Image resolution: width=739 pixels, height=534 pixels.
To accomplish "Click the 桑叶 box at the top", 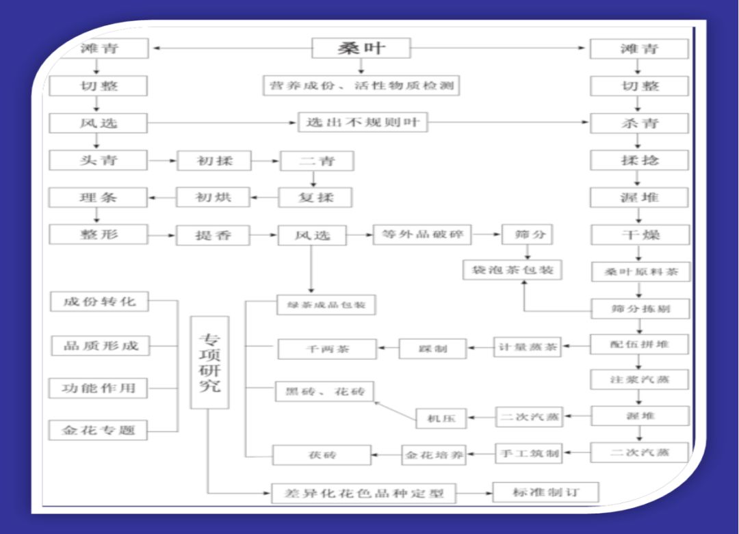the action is [x=361, y=48].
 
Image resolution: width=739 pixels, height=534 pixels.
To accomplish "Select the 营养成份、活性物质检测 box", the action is [x=361, y=85].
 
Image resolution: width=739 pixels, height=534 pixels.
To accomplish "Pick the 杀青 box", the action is [x=639, y=123].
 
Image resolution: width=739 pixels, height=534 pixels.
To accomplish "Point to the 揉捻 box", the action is [x=639, y=161].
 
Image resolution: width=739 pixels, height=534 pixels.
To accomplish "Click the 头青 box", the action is [x=98, y=161].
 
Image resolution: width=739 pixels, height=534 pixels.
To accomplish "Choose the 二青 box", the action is [x=316, y=161].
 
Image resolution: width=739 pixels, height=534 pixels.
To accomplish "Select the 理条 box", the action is [x=98, y=198].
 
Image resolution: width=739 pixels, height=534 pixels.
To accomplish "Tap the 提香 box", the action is [x=213, y=235].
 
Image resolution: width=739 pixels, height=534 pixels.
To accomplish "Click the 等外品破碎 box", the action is [x=422, y=235].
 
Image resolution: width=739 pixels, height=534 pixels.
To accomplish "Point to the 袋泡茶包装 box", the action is [x=512, y=270].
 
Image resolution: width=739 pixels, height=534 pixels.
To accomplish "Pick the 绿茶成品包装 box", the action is [x=326, y=305].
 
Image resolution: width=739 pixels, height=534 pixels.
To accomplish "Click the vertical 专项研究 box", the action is [x=209, y=362].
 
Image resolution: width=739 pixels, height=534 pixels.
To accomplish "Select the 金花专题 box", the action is [x=99, y=430].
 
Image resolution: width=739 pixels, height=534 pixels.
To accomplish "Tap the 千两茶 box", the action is [x=326, y=349].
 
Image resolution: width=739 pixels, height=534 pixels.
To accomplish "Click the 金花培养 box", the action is [x=434, y=455].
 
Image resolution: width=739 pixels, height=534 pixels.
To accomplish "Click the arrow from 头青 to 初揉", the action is [x=162, y=161].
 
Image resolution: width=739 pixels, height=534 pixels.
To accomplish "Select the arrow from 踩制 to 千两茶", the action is [x=388, y=348].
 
